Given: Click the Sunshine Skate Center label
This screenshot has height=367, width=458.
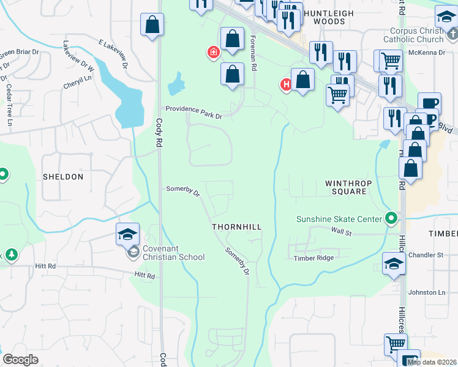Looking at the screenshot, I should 340,219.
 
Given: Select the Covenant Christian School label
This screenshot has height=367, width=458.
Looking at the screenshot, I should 174,253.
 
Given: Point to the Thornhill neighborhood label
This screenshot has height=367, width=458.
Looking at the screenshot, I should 237,227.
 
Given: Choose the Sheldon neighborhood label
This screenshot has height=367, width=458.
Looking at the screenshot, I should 62,177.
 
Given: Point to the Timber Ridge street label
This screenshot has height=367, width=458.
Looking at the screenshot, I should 314,258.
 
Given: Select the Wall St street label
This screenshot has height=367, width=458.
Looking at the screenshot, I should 341,232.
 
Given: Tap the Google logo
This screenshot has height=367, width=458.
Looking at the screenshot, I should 20,360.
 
